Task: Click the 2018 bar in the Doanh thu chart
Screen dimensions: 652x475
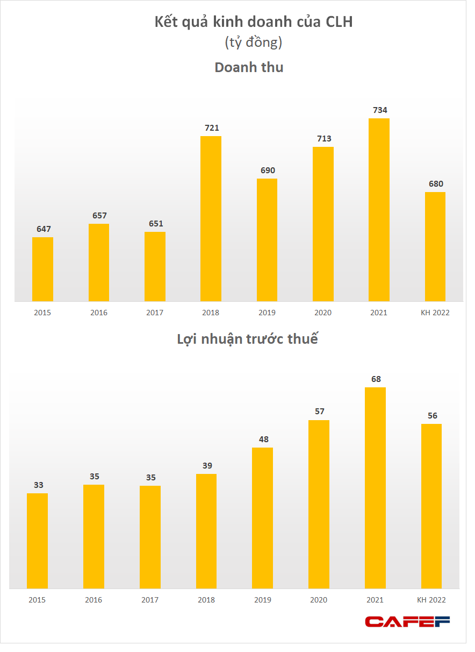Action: click(x=211, y=218)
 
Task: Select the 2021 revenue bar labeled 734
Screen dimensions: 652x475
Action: click(x=379, y=210)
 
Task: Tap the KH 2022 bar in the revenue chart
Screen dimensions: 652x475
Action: click(x=435, y=246)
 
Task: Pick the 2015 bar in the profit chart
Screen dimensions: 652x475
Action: click(x=37, y=541)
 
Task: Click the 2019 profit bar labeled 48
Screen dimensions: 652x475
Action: click(x=262, y=518)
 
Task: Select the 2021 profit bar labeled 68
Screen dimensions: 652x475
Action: click(x=375, y=488)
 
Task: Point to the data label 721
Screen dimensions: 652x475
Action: click(x=212, y=128)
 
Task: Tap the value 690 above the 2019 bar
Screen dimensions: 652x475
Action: click(x=268, y=171)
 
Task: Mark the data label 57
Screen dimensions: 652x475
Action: click(x=320, y=412)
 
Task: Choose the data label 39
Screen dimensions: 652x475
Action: click(x=207, y=465)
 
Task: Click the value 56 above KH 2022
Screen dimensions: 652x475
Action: click(x=432, y=415)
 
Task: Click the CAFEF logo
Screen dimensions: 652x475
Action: click(x=407, y=622)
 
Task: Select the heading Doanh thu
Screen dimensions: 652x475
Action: click(x=249, y=68)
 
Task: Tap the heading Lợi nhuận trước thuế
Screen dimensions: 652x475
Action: click(x=247, y=339)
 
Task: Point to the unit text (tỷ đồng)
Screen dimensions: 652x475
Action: click(x=253, y=43)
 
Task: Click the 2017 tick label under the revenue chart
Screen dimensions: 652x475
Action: click(x=155, y=313)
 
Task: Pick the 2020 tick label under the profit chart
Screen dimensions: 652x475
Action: click(x=319, y=600)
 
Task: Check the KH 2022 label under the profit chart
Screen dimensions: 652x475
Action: click(x=431, y=600)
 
